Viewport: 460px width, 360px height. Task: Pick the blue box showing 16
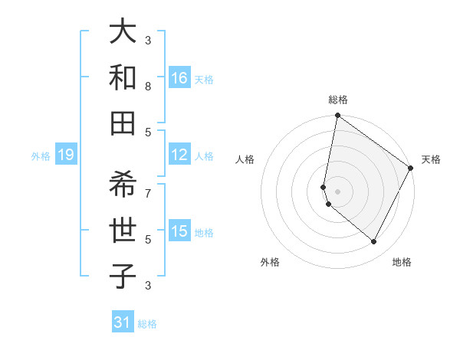point(179,78)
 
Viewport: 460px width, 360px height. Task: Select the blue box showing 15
point(179,231)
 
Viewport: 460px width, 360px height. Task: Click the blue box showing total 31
point(123,322)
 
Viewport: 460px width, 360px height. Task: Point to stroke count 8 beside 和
point(148,86)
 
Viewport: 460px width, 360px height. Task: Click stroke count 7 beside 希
point(148,191)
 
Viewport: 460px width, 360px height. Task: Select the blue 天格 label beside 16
point(204,80)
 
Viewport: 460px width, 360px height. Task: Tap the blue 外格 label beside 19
point(41,156)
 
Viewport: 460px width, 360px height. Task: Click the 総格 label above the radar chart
point(338,100)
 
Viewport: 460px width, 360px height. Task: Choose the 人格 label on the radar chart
point(245,159)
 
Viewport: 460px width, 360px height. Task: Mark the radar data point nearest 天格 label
point(411,169)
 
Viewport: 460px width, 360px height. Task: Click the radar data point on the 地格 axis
point(373,242)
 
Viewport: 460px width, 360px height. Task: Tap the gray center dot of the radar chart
point(338,191)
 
